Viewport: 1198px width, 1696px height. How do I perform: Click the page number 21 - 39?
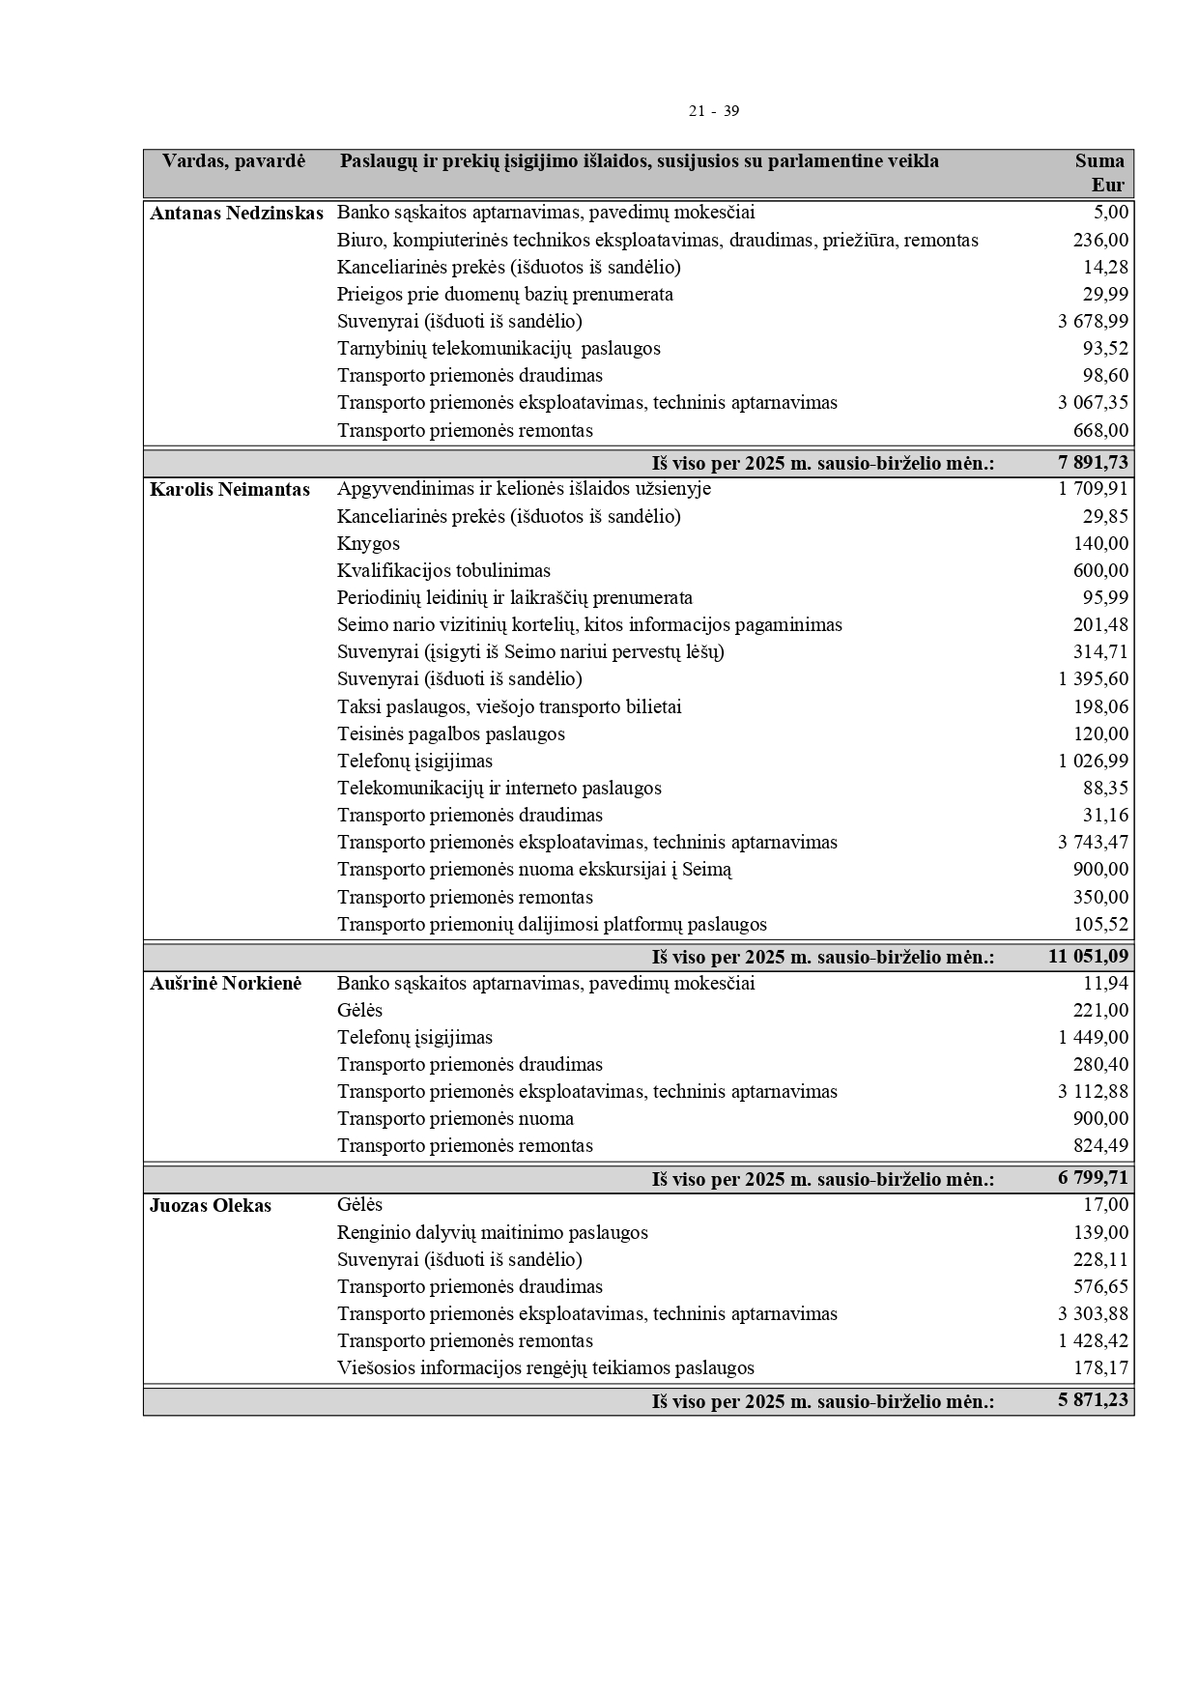(713, 111)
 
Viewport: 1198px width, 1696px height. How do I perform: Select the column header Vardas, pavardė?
(234, 161)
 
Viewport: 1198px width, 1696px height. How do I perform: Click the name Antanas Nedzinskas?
(237, 214)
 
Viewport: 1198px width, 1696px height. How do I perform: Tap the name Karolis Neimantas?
(230, 490)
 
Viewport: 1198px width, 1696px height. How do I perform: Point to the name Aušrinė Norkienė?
(226, 984)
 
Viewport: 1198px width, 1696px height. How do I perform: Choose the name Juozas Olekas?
(211, 1206)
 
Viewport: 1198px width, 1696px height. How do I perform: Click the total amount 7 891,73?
(1093, 463)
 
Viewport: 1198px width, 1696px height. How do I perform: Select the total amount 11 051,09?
(1088, 957)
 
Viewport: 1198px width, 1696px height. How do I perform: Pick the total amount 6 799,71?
(1093, 1178)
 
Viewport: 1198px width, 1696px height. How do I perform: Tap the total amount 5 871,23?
(1093, 1400)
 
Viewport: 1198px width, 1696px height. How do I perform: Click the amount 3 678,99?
(1093, 322)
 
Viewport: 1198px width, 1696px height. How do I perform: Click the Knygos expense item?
(368, 544)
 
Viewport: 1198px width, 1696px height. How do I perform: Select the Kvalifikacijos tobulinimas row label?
(443, 571)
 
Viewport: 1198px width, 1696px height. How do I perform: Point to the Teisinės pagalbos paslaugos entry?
(450, 734)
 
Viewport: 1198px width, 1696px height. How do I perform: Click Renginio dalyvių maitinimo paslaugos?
(492, 1233)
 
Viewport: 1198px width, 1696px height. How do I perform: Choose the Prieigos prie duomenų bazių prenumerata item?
(504, 295)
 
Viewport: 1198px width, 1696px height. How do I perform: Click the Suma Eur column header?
(1101, 173)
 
